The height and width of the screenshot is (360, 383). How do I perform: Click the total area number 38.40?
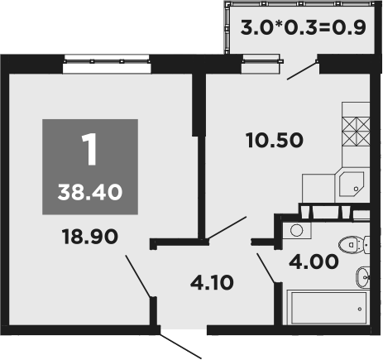pyautogui.click(x=91, y=192)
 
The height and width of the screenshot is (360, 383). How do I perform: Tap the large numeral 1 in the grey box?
pyautogui.click(x=90, y=150)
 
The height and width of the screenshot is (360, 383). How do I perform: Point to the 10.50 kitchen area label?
pyautogui.click(x=275, y=139)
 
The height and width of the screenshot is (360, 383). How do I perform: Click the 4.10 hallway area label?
pyautogui.click(x=212, y=281)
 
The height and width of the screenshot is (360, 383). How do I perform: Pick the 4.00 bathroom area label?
pyautogui.click(x=312, y=263)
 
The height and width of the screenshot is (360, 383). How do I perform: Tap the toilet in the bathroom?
pyautogui.click(x=354, y=243)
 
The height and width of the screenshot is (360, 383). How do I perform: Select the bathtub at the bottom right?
pyautogui.click(x=326, y=308)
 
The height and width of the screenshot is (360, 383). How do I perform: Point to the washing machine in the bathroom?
pyautogui.click(x=297, y=232)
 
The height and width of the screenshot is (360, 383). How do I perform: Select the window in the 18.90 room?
pyautogui.click(x=106, y=60)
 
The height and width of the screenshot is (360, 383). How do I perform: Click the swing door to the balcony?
pyautogui.click(x=303, y=70)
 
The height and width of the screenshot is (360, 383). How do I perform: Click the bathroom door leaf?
pyautogui.click(x=265, y=266)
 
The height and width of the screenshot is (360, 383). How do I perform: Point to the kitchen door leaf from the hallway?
pyautogui.click(x=227, y=228)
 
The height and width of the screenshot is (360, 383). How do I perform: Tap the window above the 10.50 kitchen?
pyautogui.click(x=256, y=59)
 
